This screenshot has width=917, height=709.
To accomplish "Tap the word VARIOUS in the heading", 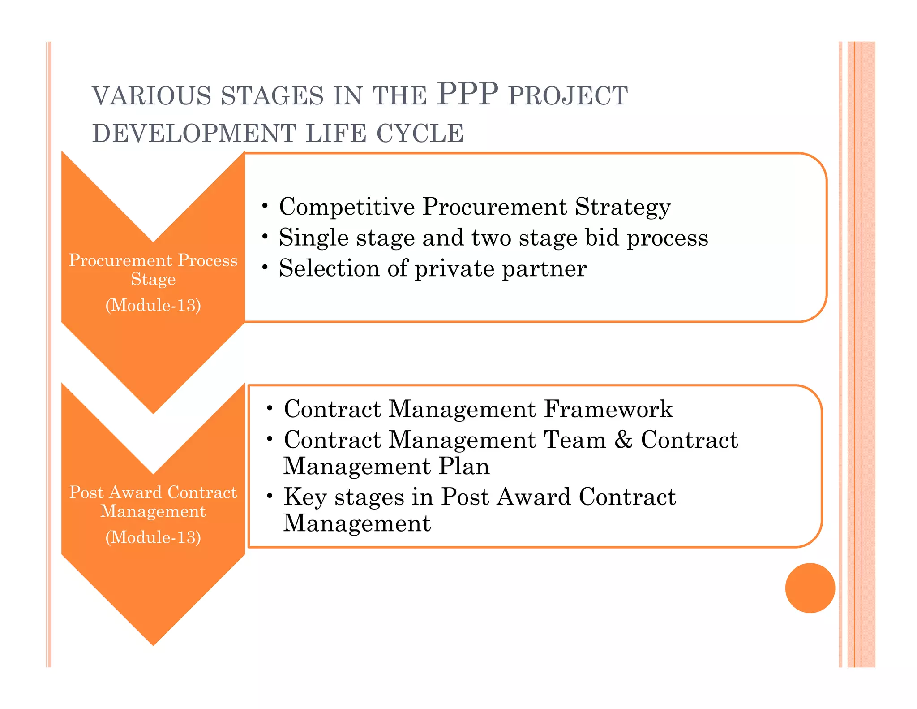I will click(x=151, y=96).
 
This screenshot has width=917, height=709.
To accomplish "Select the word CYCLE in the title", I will click(x=420, y=134).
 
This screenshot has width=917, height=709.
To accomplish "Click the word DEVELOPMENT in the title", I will click(x=194, y=134).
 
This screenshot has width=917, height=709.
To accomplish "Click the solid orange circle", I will click(x=810, y=588).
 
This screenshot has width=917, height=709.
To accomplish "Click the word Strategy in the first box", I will click(x=622, y=208).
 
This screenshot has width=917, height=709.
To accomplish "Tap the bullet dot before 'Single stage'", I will click(x=265, y=236).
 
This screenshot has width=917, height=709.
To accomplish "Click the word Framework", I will click(x=608, y=409).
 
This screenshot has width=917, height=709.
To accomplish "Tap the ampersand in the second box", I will click(x=623, y=440).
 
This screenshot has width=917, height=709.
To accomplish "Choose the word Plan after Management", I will click(x=464, y=466).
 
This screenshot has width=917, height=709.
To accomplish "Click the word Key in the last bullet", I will click(x=305, y=497).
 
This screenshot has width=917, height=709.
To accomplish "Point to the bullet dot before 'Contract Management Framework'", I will click(x=270, y=408).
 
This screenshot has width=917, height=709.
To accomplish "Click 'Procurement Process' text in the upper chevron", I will click(x=153, y=260).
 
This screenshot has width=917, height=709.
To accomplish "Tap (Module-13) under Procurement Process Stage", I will click(x=153, y=305).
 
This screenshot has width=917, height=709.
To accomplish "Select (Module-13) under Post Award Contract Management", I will click(x=153, y=537).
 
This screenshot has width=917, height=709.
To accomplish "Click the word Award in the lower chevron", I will click(x=135, y=492).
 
